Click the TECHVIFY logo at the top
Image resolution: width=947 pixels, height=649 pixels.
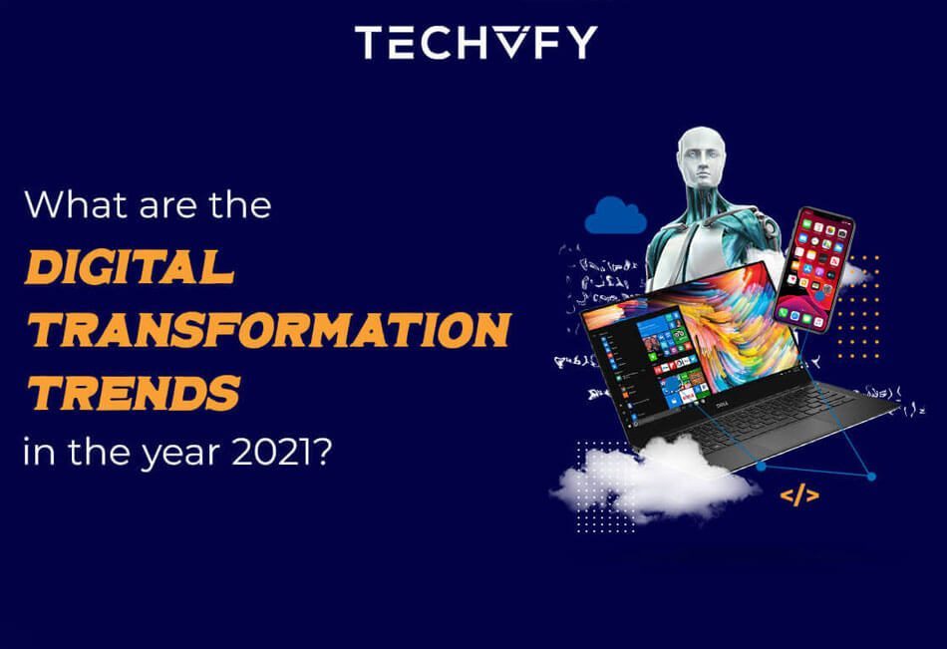pos(475,41)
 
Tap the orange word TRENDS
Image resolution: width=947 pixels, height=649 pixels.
pos(134,391)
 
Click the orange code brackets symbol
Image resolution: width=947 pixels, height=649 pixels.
pos(798,494)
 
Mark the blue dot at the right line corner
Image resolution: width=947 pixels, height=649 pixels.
pos(871,477)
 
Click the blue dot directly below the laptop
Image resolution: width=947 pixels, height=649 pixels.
pos(762,466)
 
